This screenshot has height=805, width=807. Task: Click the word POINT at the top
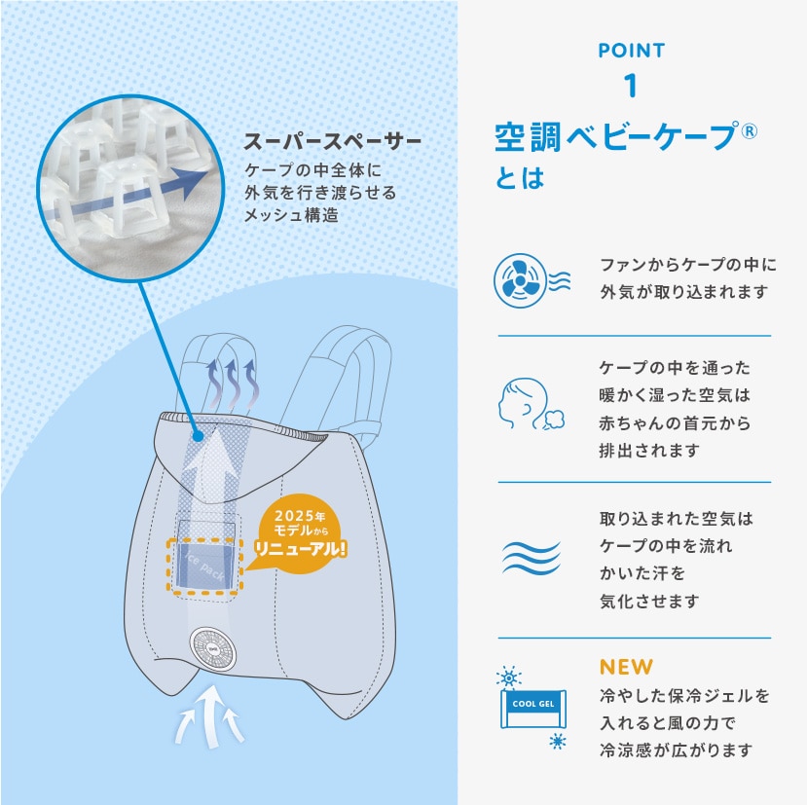click(632, 51)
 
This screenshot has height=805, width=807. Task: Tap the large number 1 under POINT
click(631, 86)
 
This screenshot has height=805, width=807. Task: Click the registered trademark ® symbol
click(749, 131)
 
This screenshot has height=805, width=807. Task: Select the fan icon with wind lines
click(532, 280)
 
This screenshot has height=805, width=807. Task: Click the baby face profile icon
click(531, 404)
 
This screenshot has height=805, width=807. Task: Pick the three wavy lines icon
click(532, 558)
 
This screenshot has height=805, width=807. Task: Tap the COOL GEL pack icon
click(533, 709)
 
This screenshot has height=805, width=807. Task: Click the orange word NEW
click(626, 667)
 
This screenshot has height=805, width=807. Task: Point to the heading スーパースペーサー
click(333, 141)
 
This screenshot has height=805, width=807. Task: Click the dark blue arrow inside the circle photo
click(128, 196)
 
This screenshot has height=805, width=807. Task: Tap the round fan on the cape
click(213, 648)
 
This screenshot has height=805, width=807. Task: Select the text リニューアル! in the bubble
click(301, 548)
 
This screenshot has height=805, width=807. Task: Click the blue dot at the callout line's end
click(199, 436)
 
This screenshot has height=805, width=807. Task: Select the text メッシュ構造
click(291, 214)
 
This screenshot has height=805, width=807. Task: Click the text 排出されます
click(649, 451)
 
